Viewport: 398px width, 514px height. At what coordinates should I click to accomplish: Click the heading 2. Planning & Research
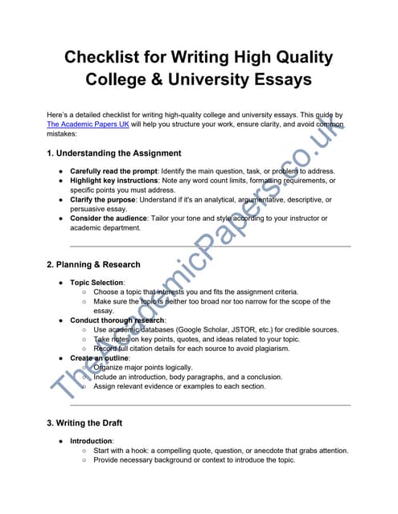click(93, 264)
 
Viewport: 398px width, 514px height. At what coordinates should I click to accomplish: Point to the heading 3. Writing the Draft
click(84, 422)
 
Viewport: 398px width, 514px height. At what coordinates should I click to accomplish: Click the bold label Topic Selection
click(96, 283)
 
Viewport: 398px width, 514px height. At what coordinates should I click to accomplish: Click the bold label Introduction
click(91, 441)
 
